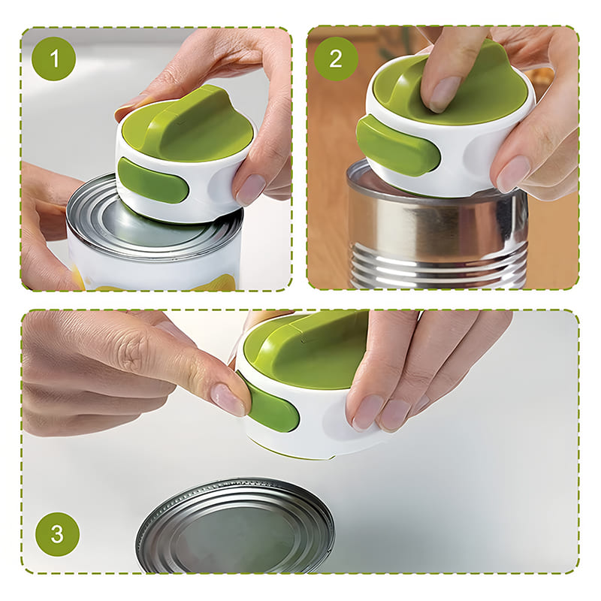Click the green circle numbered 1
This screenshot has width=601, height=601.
54,59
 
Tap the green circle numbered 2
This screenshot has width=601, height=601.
336,59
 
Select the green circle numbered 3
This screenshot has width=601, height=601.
58,534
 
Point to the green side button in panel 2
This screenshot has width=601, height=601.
397,145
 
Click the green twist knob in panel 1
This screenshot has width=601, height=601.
188,122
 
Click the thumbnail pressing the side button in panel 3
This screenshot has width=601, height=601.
228,399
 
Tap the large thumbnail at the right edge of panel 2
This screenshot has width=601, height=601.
514,174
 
